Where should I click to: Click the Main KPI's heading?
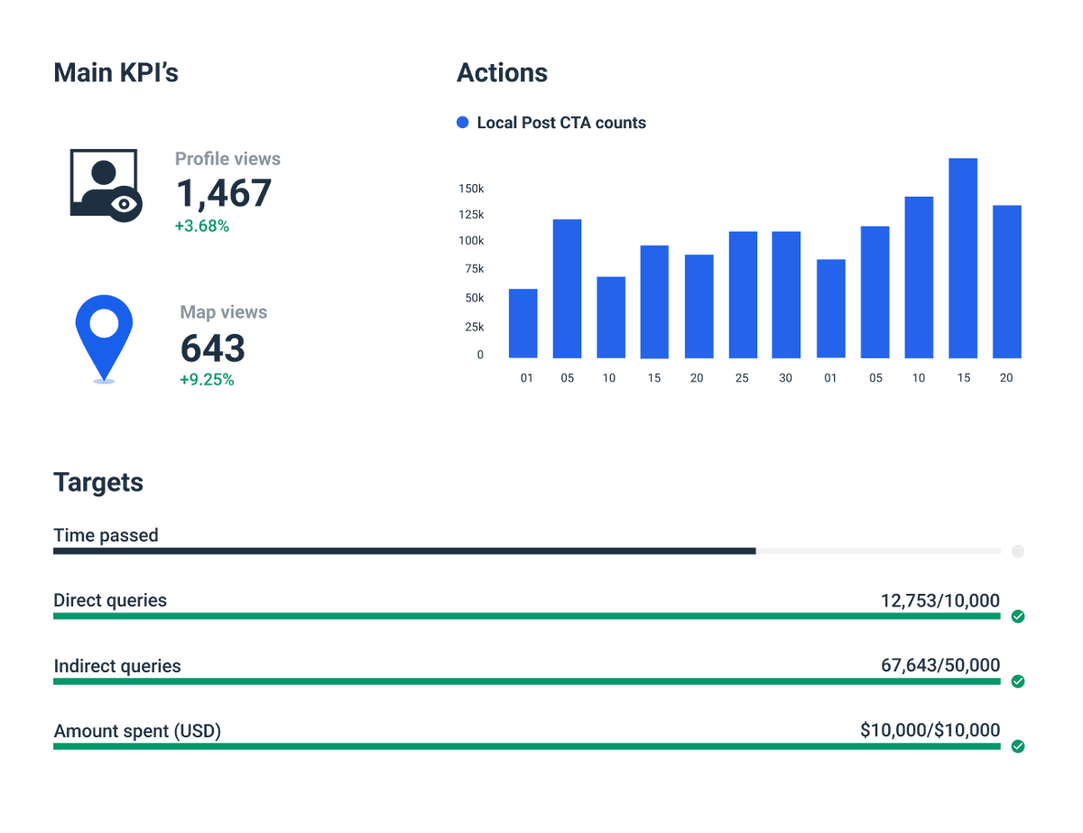point(116,73)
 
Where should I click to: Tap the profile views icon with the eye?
point(106,184)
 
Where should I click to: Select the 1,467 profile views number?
point(223,193)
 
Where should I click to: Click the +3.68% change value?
point(202,227)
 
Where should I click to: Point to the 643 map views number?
point(213,348)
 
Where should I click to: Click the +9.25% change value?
point(207,380)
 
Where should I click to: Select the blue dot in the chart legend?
point(463,123)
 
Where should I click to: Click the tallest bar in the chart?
point(963,258)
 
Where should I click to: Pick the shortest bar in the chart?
point(523,323)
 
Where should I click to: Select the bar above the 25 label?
point(743,295)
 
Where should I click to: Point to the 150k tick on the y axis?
point(471,189)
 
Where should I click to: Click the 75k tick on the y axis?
point(474,269)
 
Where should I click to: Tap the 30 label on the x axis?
point(785,378)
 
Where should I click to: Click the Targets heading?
point(98,482)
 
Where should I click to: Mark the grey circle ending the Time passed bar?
point(1018,551)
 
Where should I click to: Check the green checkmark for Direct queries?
point(1018,616)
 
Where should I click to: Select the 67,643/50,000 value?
point(940,666)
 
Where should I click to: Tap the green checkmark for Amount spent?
point(1018,746)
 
